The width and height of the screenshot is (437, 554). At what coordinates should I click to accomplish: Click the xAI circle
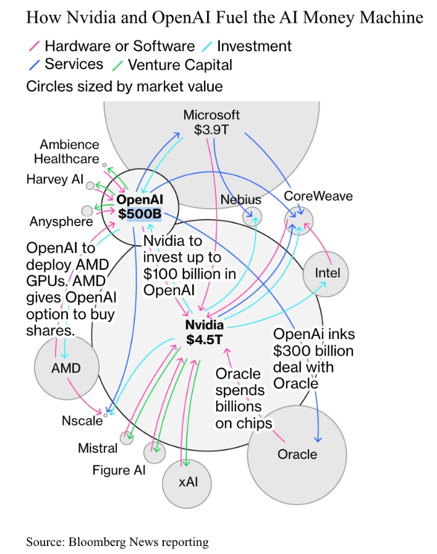pyautogui.click(x=187, y=481)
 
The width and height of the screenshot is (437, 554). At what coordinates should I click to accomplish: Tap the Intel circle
pyautogui.click(x=326, y=273)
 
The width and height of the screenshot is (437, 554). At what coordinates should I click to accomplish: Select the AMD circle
pyautogui.click(x=66, y=368)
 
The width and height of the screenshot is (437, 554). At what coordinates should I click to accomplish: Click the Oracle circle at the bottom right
pyautogui.click(x=297, y=455)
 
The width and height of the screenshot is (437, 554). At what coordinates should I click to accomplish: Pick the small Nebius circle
pyautogui.click(x=252, y=216)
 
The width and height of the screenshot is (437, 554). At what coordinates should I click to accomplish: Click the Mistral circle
pyautogui.click(x=127, y=438)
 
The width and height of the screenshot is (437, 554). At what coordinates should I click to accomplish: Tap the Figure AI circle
pyautogui.click(x=154, y=453)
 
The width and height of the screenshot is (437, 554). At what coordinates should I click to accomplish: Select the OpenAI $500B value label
pyautogui.click(x=139, y=214)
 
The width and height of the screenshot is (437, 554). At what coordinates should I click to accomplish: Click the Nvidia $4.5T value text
pyautogui.click(x=205, y=339)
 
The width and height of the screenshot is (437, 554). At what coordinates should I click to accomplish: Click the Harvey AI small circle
pyautogui.click(x=90, y=185)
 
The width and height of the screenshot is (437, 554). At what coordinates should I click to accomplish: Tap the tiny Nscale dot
pyautogui.click(x=106, y=416)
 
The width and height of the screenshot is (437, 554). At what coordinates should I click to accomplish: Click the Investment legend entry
pyautogui.click(x=254, y=46)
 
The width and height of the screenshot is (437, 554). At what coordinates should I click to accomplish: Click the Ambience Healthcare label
pyautogui.click(x=66, y=151)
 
